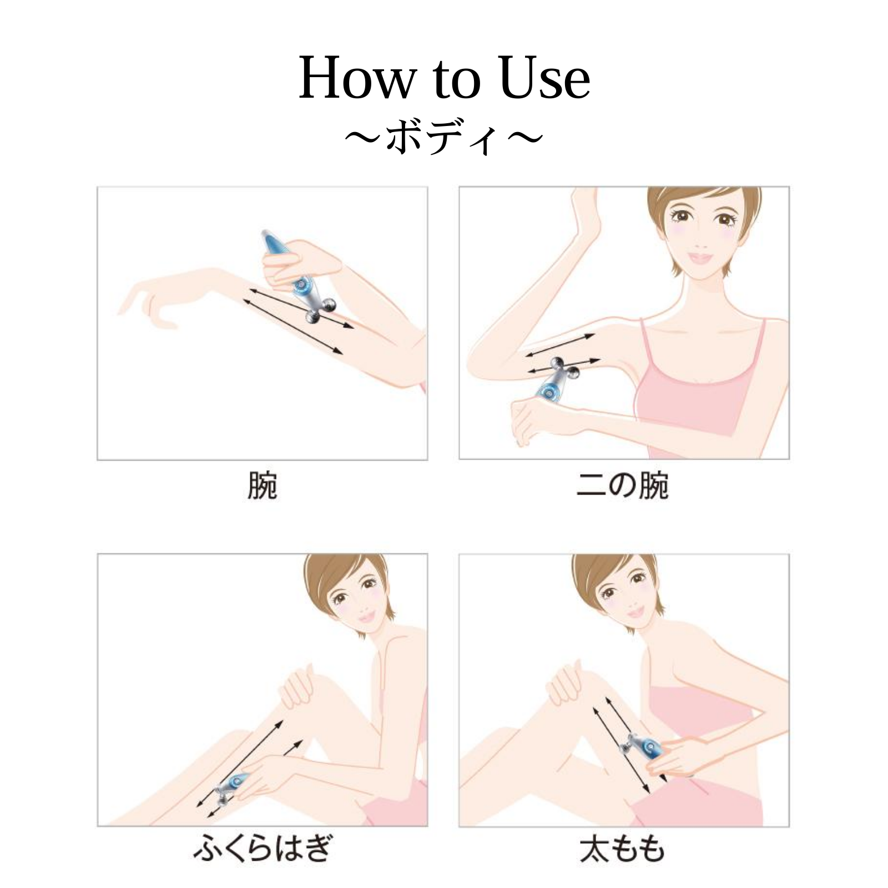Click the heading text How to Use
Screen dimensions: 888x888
444,79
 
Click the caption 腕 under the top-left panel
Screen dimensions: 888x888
262,486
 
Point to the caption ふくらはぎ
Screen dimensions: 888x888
262,850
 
